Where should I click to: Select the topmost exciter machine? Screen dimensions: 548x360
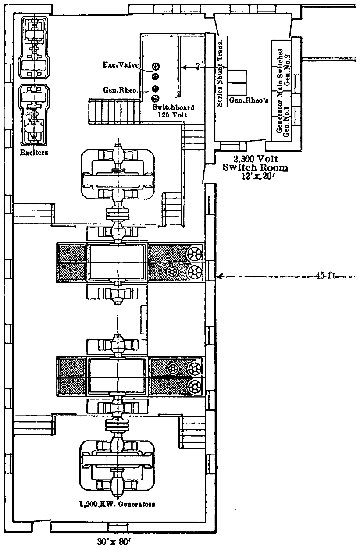click(34, 46)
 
